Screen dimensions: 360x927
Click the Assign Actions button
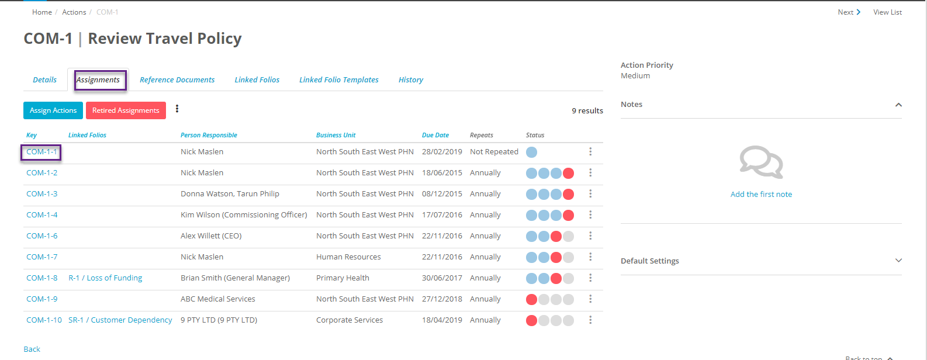pos(53,110)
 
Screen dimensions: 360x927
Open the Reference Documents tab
pos(177,80)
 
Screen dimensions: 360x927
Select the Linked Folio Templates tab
pos(339,80)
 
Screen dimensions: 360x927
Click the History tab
pos(411,80)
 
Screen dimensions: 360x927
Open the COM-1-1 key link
pos(41,152)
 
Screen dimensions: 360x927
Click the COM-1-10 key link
pos(44,320)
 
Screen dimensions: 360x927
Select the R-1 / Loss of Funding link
pos(105,278)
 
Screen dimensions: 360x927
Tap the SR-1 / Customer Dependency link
pos(120,320)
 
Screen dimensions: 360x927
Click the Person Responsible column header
pos(209,135)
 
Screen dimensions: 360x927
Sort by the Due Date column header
pos(435,135)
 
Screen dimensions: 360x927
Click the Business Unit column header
pos(336,135)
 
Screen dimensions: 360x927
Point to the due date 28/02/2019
pos(442,152)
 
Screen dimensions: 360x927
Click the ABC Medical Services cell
pos(218,299)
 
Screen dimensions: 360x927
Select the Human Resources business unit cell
pos(348,257)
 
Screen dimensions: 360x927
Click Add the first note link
pos(761,195)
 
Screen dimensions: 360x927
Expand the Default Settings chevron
pos(898,261)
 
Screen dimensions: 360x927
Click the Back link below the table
pos(32,349)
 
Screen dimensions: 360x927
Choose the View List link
pos(887,12)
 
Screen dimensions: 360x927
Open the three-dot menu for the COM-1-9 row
pos(590,299)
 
